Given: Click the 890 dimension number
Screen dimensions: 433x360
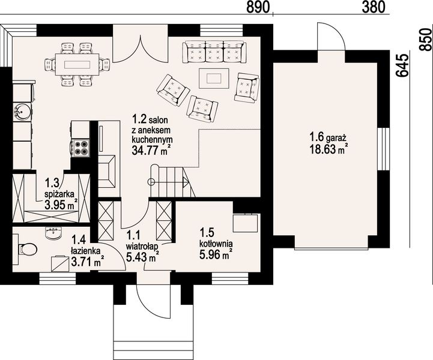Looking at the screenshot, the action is pyautogui.click(x=258, y=7).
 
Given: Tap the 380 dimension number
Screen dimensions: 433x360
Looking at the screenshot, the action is pyautogui.click(x=374, y=7).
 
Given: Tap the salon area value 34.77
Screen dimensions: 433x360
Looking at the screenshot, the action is pyautogui.click(x=147, y=150).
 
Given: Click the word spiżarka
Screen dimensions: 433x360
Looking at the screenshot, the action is pyautogui.click(x=59, y=194).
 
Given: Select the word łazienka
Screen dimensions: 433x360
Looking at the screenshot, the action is pyautogui.click(x=86, y=250).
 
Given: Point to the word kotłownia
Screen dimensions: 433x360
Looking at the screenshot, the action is pyautogui.click(x=216, y=244).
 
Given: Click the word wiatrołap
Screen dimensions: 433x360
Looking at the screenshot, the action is pyautogui.click(x=142, y=245).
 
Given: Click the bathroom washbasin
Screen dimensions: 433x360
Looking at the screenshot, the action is pyautogui.click(x=53, y=233).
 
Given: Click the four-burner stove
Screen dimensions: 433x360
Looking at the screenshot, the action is pyautogui.click(x=80, y=148).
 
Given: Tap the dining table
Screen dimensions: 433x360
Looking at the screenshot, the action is pyautogui.click(x=77, y=65).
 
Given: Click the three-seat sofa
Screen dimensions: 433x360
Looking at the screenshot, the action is pyautogui.click(x=214, y=52).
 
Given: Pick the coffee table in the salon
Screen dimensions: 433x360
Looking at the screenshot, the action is pyautogui.click(x=214, y=78).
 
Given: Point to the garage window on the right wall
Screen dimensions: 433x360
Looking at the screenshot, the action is pyautogui.click(x=383, y=149).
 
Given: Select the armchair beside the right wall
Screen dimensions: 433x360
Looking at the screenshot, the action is pyautogui.click(x=247, y=88).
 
